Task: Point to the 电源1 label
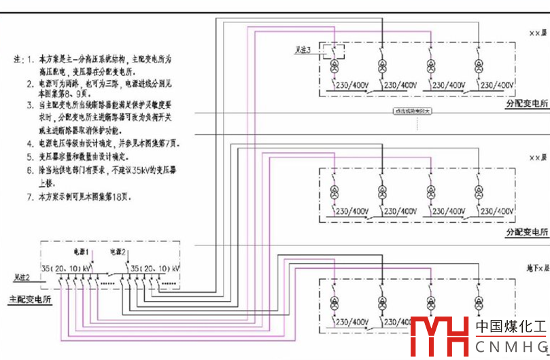[x=81, y=253]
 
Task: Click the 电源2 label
[x=118, y=253]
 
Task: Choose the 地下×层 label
[x=536, y=250]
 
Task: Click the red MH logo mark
[x=440, y=335]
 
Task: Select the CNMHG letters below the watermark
[x=511, y=347]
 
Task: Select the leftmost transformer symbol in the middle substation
[x=334, y=193]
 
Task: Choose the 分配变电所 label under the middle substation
[x=526, y=232]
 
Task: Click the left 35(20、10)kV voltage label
[x=67, y=269]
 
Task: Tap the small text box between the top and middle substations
[x=413, y=112]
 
